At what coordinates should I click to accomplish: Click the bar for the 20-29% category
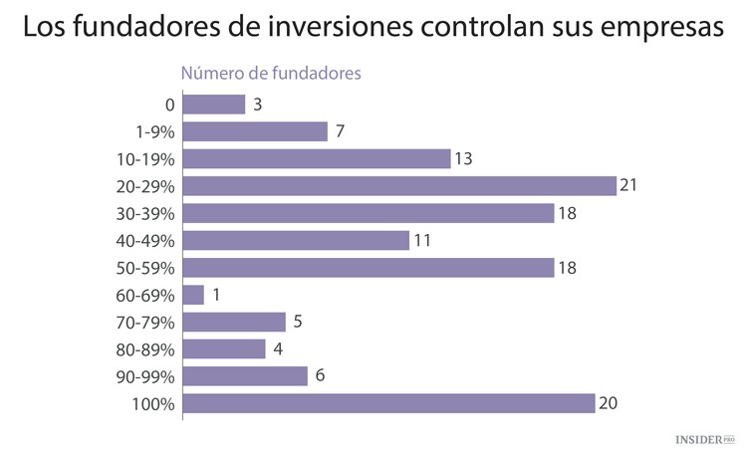pos(399,186)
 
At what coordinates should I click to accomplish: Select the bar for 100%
pos(388,403)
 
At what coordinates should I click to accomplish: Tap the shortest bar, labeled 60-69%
pos(194,295)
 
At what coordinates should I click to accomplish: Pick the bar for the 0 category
pos(214,105)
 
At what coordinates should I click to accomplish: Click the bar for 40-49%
pos(296,240)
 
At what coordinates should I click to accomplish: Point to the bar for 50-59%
pos(369,268)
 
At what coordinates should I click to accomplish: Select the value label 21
pos(627,186)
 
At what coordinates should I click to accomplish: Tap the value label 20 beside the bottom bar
pos(609,403)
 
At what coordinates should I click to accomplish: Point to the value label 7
pos(341,131)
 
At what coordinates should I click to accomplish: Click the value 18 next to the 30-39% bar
pos(567,213)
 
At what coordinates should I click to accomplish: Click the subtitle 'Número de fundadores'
pos(269,73)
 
